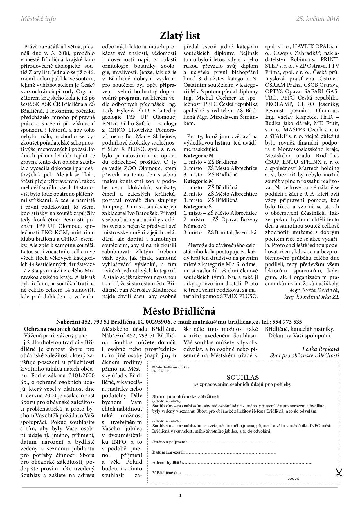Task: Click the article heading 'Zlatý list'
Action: click(x=180, y=36)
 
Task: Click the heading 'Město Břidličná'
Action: click(x=179, y=311)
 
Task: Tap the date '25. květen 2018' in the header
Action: click(x=317, y=19)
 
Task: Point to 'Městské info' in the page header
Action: click(x=38, y=19)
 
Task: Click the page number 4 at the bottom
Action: click(x=180, y=495)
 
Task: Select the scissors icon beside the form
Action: click(x=339, y=473)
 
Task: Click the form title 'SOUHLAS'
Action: click(x=242, y=378)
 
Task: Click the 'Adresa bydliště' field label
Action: click(x=167, y=463)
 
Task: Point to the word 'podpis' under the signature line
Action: click(x=293, y=479)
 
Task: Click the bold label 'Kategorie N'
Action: click(x=198, y=156)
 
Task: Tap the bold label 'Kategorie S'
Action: click(x=198, y=207)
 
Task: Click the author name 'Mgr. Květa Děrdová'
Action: click(x=314, y=290)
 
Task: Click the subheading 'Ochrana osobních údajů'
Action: click(x=55, y=329)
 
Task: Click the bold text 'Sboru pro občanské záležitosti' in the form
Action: click(x=186, y=397)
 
